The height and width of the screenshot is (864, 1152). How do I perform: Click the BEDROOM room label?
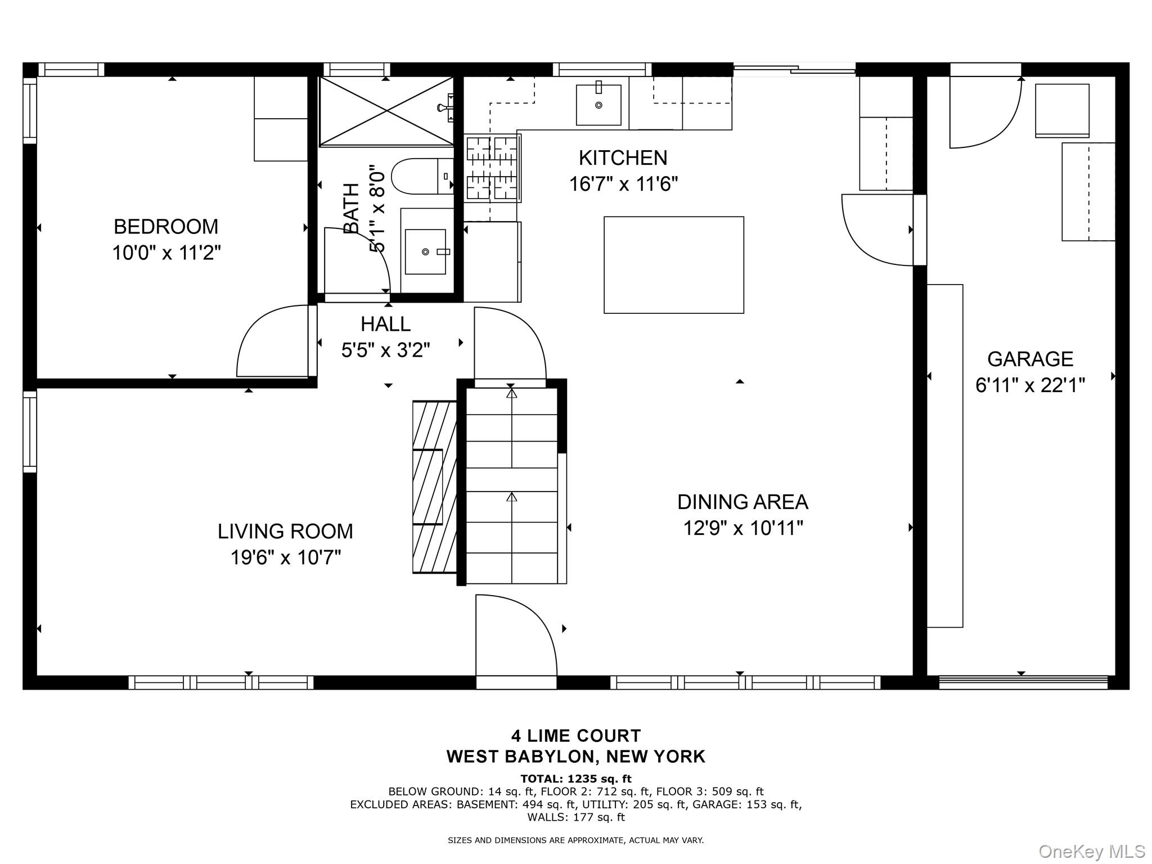[x=166, y=227]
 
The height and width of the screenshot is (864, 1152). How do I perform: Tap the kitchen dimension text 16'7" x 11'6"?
[x=623, y=184]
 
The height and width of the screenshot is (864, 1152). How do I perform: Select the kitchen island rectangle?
[x=673, y=264]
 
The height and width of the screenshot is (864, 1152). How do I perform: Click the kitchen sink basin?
[x=598, y=105]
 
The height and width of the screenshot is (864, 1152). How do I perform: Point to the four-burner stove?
[x=492, y=168]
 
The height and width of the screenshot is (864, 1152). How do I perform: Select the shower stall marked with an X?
[x=386, y=111]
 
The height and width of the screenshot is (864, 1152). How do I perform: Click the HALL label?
[x=385, y=324]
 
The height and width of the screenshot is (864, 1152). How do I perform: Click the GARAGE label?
[x=1030, y=359]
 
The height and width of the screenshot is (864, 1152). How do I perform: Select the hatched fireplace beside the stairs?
[x=434, y=487]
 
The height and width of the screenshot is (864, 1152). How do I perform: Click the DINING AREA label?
[x=742, y=502]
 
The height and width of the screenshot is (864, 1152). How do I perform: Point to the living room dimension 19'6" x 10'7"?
[x=286, y=558]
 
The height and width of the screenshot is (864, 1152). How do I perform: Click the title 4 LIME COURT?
[x=575, y=736]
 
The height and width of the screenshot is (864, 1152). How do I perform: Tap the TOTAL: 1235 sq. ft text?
[x=575, y=779]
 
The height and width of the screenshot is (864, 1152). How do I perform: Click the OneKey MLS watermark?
[x=1091, y=852]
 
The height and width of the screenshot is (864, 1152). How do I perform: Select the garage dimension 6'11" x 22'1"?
[x=1030, y=386]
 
